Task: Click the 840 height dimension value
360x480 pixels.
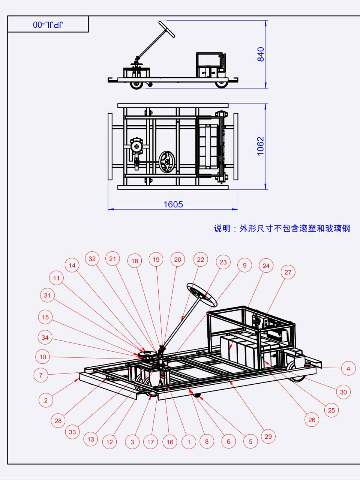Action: [261, 54]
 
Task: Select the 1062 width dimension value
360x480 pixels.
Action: [261, 146]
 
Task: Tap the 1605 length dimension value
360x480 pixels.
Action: [173, 204]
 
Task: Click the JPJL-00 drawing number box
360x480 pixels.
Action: [48, 25]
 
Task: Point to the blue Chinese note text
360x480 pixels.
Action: [282, 228]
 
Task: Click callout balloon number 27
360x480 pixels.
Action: [288, 272]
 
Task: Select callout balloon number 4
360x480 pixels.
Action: [348, 369]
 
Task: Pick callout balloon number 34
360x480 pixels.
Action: [45, 337]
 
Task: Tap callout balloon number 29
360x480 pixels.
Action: [268, 436]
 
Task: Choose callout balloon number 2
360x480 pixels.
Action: [46, 400]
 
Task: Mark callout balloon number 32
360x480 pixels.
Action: [92, 259]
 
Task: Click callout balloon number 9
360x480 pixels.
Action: [244, 265]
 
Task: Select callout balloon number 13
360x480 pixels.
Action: [91, 439]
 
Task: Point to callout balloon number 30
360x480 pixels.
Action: [343, 392]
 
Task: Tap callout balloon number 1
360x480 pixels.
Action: [189, 442]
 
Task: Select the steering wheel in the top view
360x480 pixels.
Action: [166, 162]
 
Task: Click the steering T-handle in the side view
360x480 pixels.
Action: [166, 29]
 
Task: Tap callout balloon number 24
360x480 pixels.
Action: [266, 266]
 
